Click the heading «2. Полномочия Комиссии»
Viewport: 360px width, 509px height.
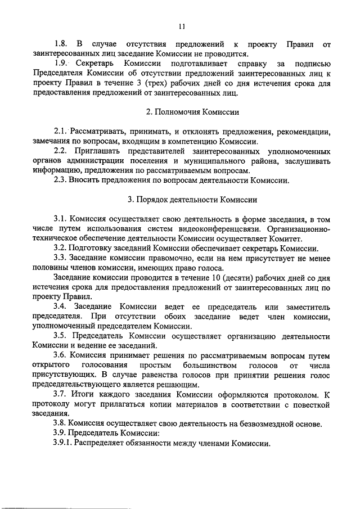coord(181,112)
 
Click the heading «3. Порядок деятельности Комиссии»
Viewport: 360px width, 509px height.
coord(181,200)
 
